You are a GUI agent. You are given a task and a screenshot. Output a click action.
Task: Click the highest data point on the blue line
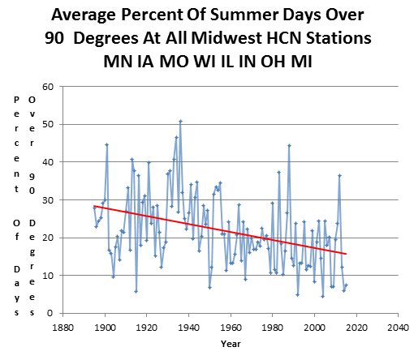click(x=180, y=122)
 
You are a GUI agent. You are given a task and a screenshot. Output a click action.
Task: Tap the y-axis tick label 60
click(x=48, y=87)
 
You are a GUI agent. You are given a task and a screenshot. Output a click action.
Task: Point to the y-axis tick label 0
click(x=50, y=313)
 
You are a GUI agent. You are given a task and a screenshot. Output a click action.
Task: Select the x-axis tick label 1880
click(x=63, y=328)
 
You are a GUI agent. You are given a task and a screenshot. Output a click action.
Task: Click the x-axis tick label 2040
click(x=398, y=328)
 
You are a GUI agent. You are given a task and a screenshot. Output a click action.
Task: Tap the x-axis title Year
click(x=231, y=344)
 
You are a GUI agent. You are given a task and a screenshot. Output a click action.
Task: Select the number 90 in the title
click(x=54, y=38)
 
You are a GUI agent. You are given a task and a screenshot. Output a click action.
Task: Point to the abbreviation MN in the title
click(x=118, y=62)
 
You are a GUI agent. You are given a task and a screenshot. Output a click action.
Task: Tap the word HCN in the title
click(x=284, y=38)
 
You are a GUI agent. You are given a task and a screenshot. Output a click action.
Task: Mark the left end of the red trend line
click(x=94, y=206)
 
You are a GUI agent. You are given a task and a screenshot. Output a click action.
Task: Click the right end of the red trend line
click(x=346, y=254)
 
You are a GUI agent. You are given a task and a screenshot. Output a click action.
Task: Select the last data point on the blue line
click(x=346, y=285)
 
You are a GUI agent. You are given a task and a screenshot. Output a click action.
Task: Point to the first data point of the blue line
click(x=94, y=208)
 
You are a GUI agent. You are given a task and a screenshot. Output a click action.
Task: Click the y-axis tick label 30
click(x=48, y=200)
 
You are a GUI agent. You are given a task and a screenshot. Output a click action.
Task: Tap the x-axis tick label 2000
click(x=314, y=328)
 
